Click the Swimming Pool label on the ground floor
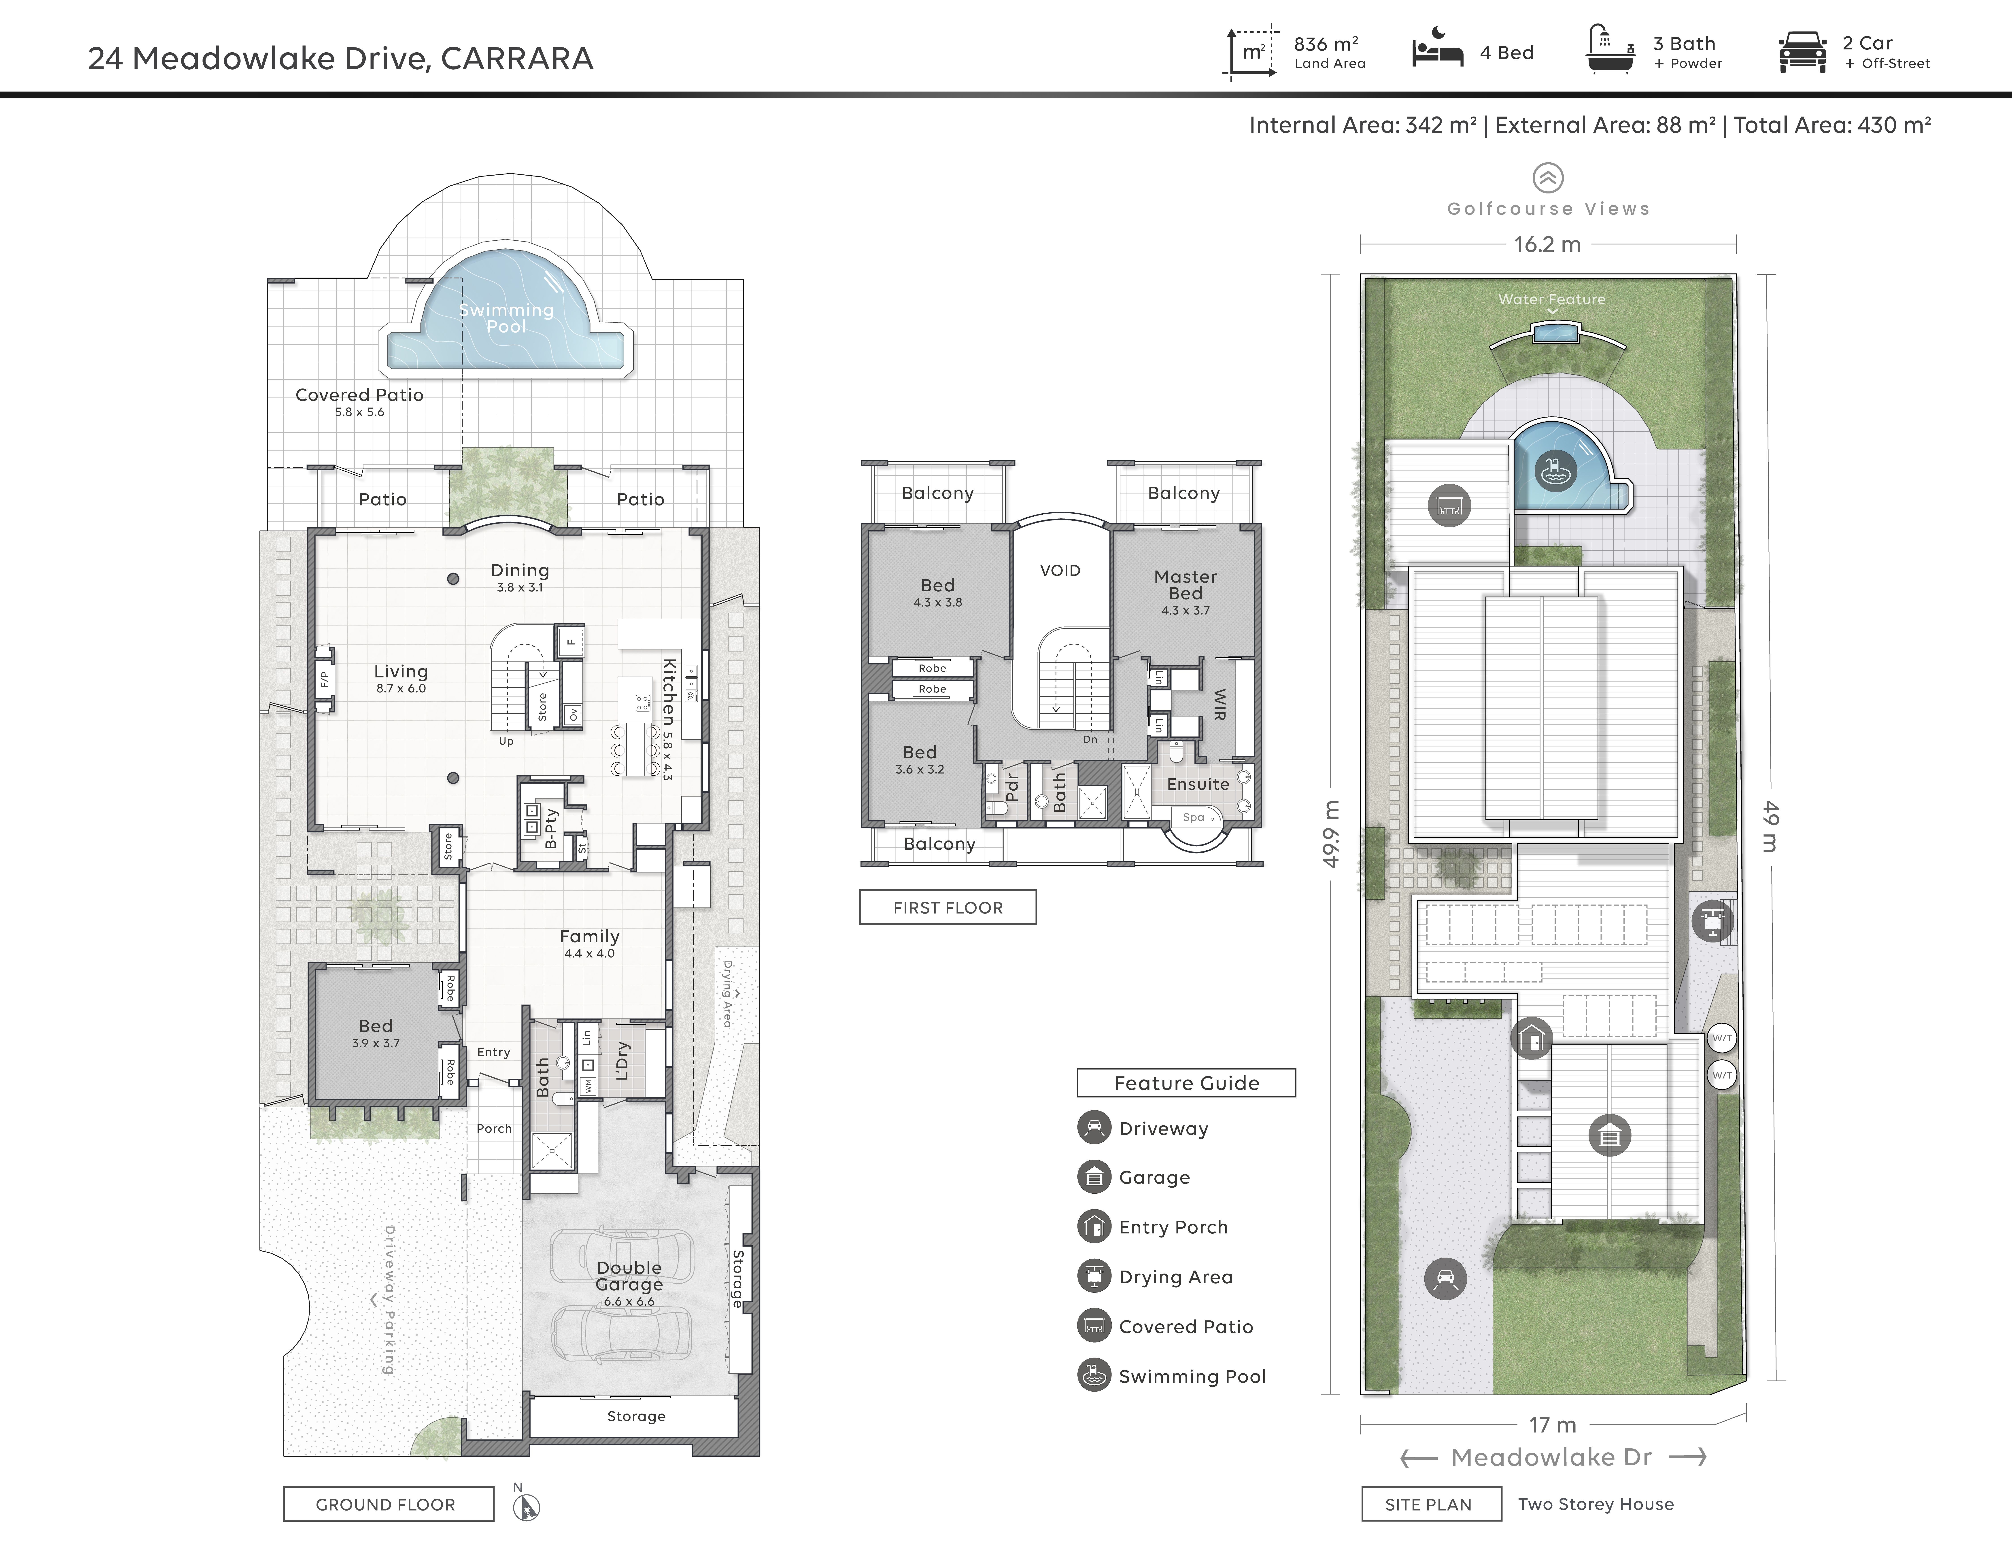coord(507,318)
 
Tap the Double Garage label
coord(629,1276)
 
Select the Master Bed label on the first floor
coord(1186,585)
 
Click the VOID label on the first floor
coord(1060,570)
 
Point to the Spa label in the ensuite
coord(1193,817)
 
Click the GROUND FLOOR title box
coord(388,1504)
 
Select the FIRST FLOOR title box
coord(948,907)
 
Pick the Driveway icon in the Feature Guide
coord(1094,1127)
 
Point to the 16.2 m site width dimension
coord(1548,244)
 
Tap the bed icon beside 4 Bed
coord(1437,53)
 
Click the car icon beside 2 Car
coord(1803,52)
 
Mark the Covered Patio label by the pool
coord(359,394)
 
